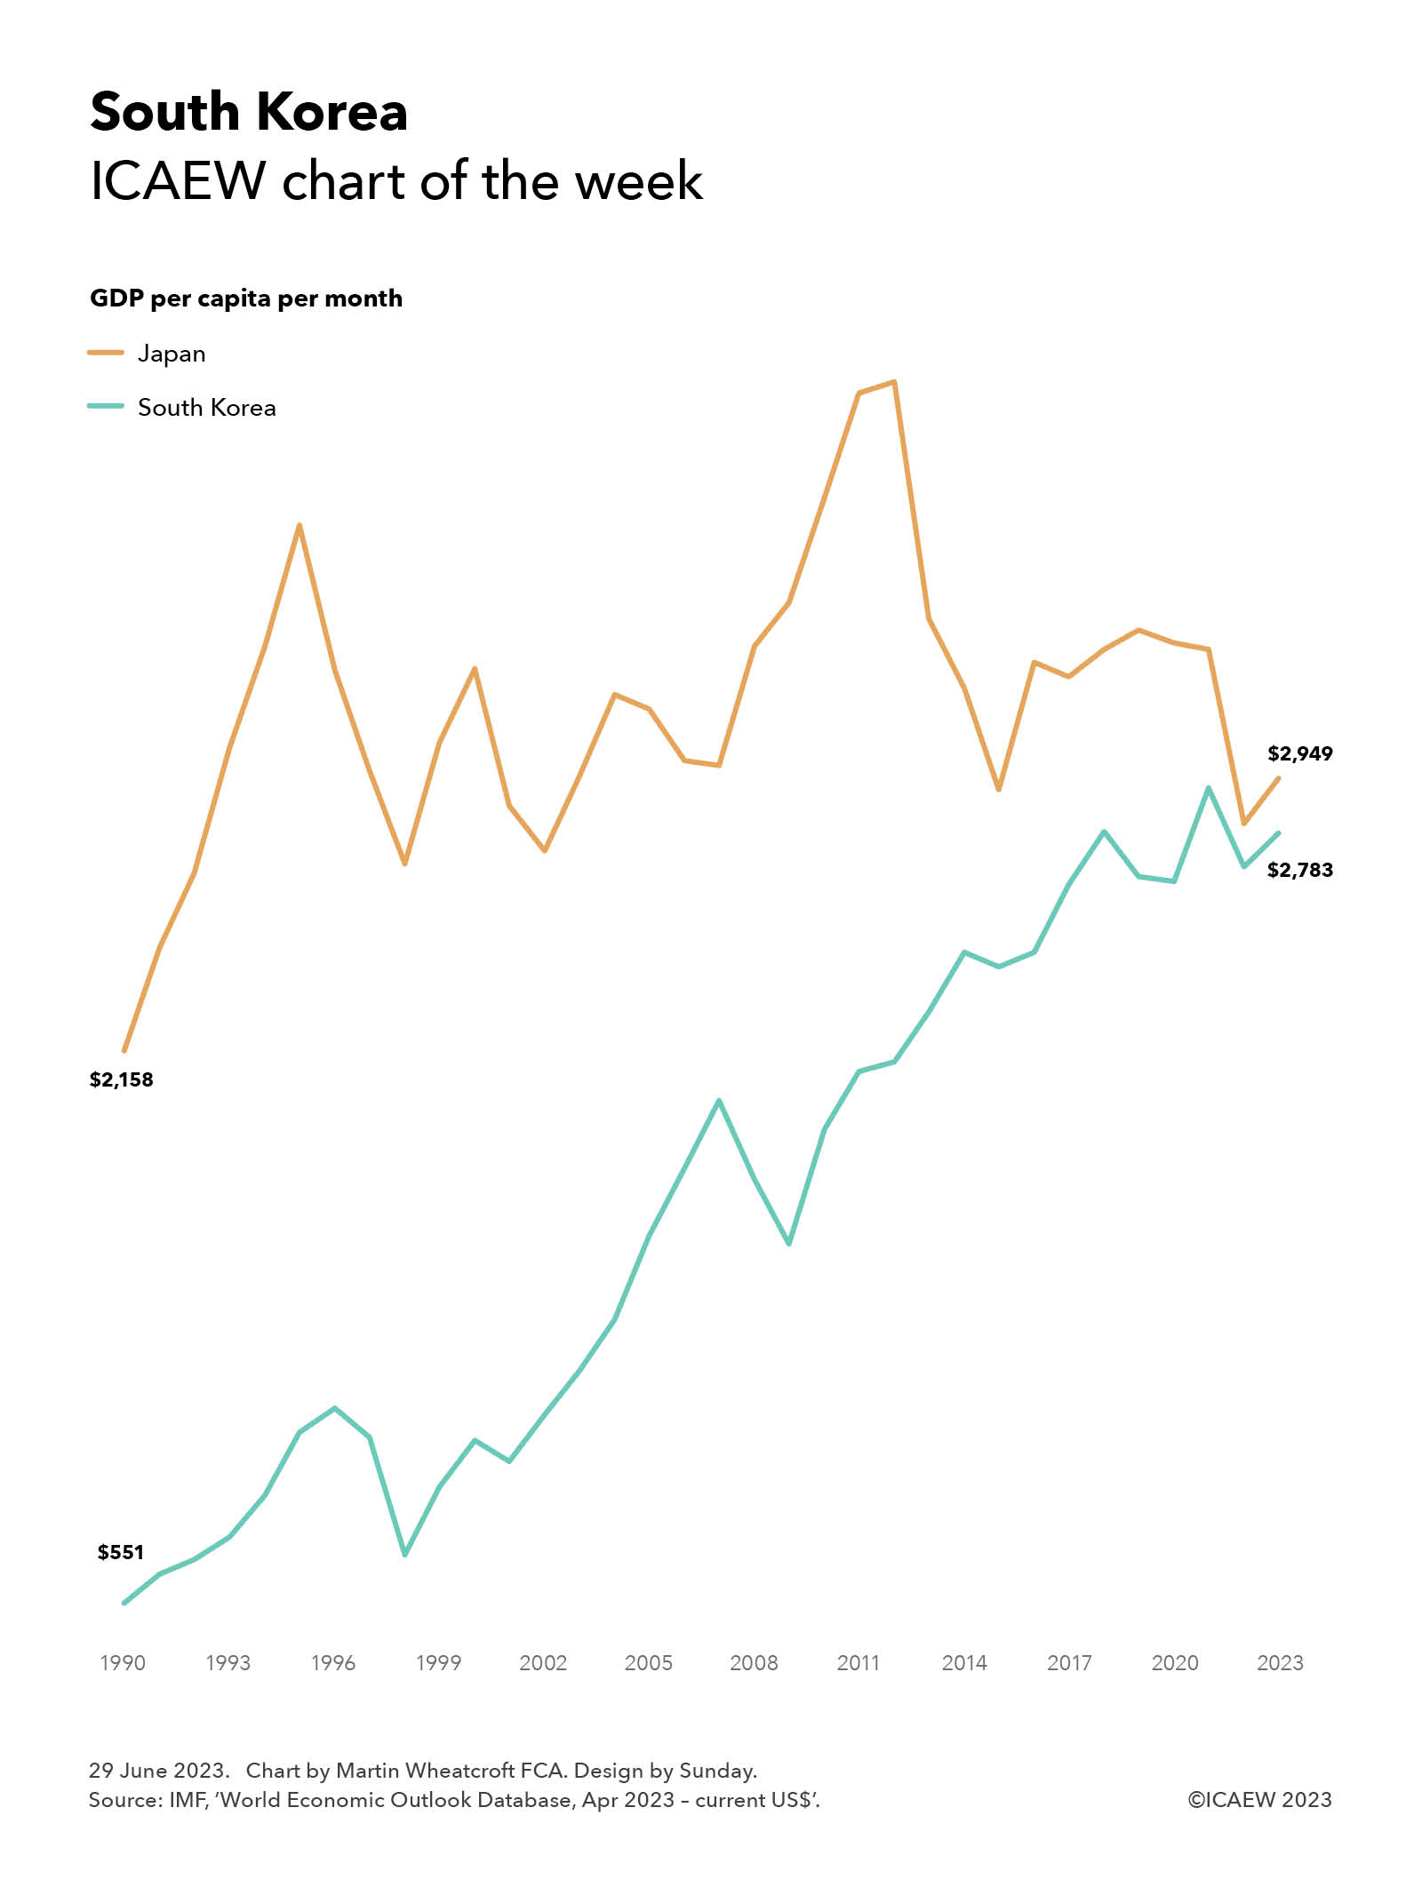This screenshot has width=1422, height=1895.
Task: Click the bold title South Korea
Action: (x=249, y=113)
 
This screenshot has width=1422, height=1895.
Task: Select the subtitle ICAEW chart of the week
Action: (x=396, y=181)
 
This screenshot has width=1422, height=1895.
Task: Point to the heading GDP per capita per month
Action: (x=246, y=299)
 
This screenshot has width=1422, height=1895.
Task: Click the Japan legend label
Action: (x=172, y=354)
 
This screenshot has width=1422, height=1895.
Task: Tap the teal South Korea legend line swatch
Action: (x=106, y=406)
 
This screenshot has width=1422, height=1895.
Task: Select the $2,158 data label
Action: (x=122, y=1079)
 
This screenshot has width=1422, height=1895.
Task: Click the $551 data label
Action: (x=121, y=1552)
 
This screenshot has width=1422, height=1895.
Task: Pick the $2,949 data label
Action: (x=1299, y=753)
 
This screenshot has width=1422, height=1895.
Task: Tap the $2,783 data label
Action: (x=1299, y=870)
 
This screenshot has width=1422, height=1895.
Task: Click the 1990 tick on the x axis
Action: (x=123, y=1663)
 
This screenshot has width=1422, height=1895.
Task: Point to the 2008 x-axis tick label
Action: (x=754, y=1663)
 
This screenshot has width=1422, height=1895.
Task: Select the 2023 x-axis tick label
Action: (x=1280, y=1663)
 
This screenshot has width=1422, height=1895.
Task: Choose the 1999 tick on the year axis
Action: (x=438, y=1663)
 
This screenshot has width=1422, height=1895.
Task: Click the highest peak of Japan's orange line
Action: (x=894, y=382)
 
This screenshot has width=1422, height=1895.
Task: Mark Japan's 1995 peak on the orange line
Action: (x=300, y=525)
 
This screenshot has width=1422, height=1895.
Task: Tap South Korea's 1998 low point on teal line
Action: (x=405, y=1554)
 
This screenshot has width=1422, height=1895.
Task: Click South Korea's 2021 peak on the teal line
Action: (x=1209, y=788)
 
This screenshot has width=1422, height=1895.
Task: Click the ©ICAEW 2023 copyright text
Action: (x=1259, y=1800)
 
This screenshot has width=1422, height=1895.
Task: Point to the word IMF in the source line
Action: (x=188, y=1800)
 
